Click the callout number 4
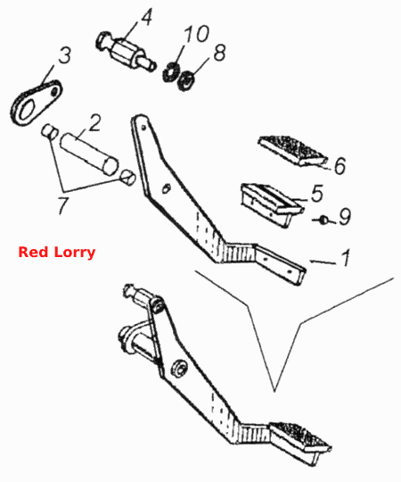click(147, 17)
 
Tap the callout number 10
click(197, 34)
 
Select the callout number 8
click(220, 53)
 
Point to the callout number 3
click(64, 55)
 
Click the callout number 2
click(94, 123)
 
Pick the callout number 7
click(63, 205)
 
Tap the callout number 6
click(340, 166)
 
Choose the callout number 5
click(317, 194)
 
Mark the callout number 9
click(345, 216)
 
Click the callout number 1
click(346, 258)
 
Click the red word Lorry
click(75, 253)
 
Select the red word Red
click(34, 252)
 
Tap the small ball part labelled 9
click(323, 220)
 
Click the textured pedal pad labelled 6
click(292, 151)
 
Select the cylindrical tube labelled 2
click(89, 154)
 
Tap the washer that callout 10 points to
click(171, 72)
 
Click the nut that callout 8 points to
click(185, 81)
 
